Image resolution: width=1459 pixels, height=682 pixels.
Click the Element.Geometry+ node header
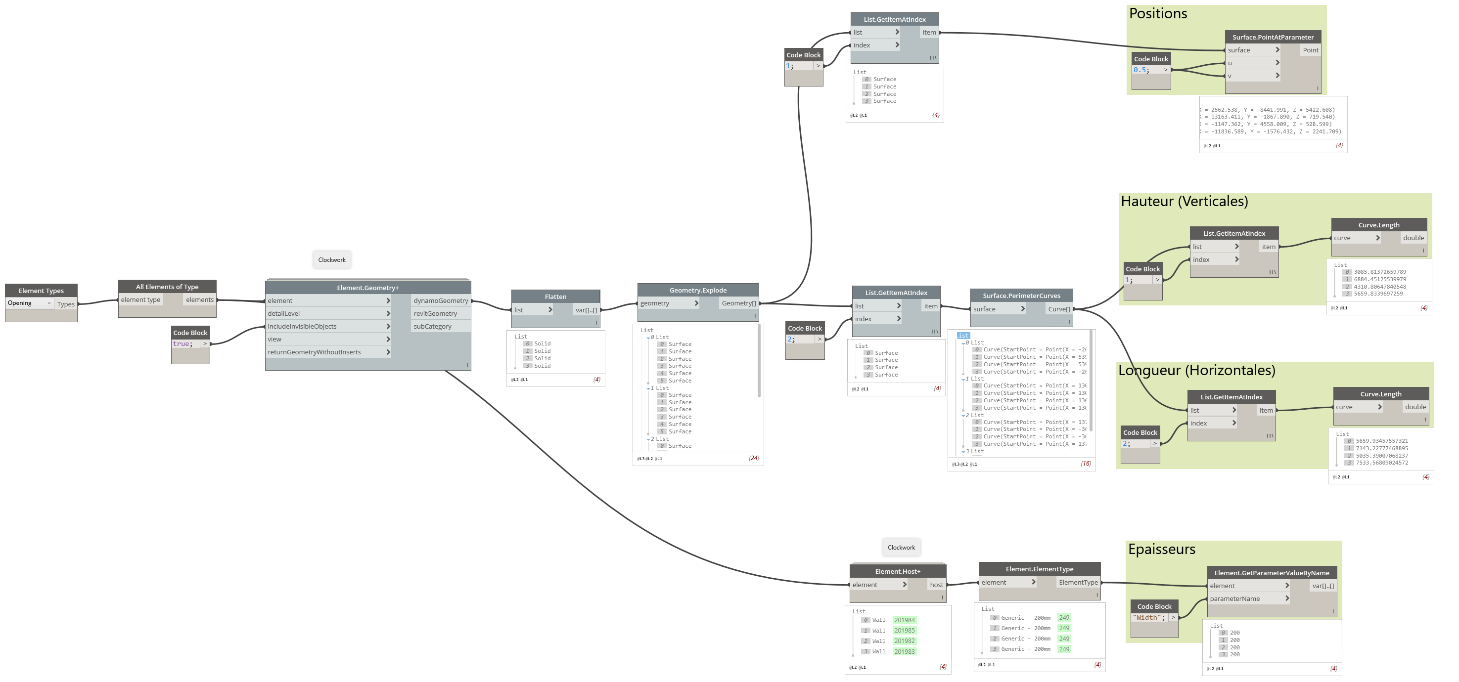[x=367, y=288]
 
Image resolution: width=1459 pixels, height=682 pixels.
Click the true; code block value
[x=183, y=343]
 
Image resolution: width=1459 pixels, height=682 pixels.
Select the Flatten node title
[x=555, y=297]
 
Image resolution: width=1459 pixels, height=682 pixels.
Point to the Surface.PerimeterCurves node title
[x=1021, y=296]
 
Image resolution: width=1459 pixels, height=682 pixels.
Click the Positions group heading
[x=1158, y=13]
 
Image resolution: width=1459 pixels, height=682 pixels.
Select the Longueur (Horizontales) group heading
[x=1196, y=370]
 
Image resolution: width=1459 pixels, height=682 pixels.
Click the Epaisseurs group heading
[x=1161, y=549]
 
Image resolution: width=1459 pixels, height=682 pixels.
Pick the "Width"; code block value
[x=1148, y=617]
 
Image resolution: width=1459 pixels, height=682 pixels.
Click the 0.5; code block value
[x=1140, y=70]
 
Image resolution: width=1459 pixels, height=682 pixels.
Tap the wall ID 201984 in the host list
[x=905, y=620]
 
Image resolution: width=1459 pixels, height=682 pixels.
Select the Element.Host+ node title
[x=898, y=571]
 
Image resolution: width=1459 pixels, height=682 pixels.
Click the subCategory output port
[x=433, y=326]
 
